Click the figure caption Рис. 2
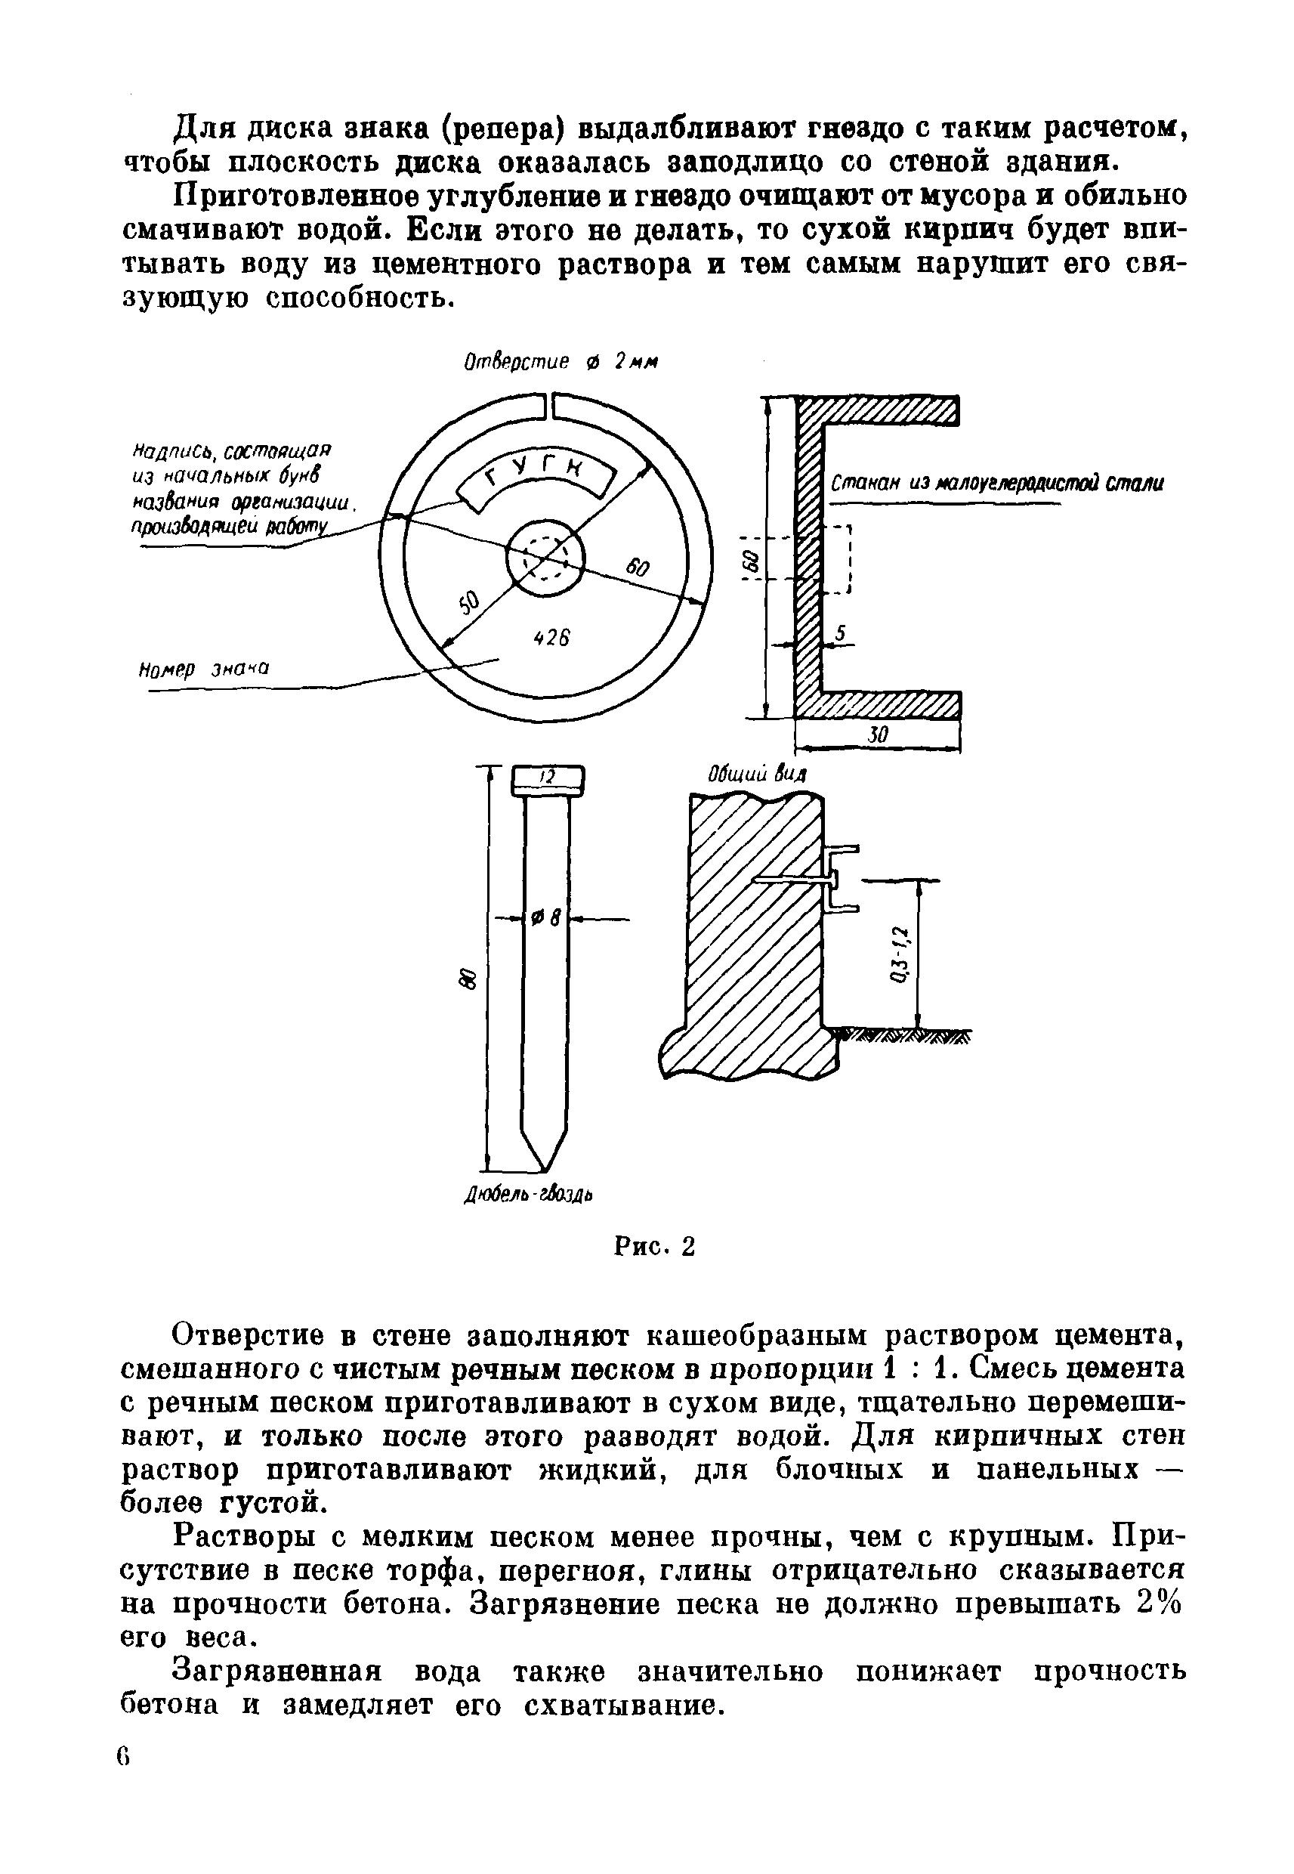coord(654,1246)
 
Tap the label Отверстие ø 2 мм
coord(561,363)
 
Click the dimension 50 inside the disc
coord(469,603)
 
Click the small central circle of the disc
coord(545,558)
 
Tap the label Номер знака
coord(204,669)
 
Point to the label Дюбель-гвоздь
coord(529,1195)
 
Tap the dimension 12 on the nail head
coord(547,777)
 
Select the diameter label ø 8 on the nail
coord(545,918)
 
